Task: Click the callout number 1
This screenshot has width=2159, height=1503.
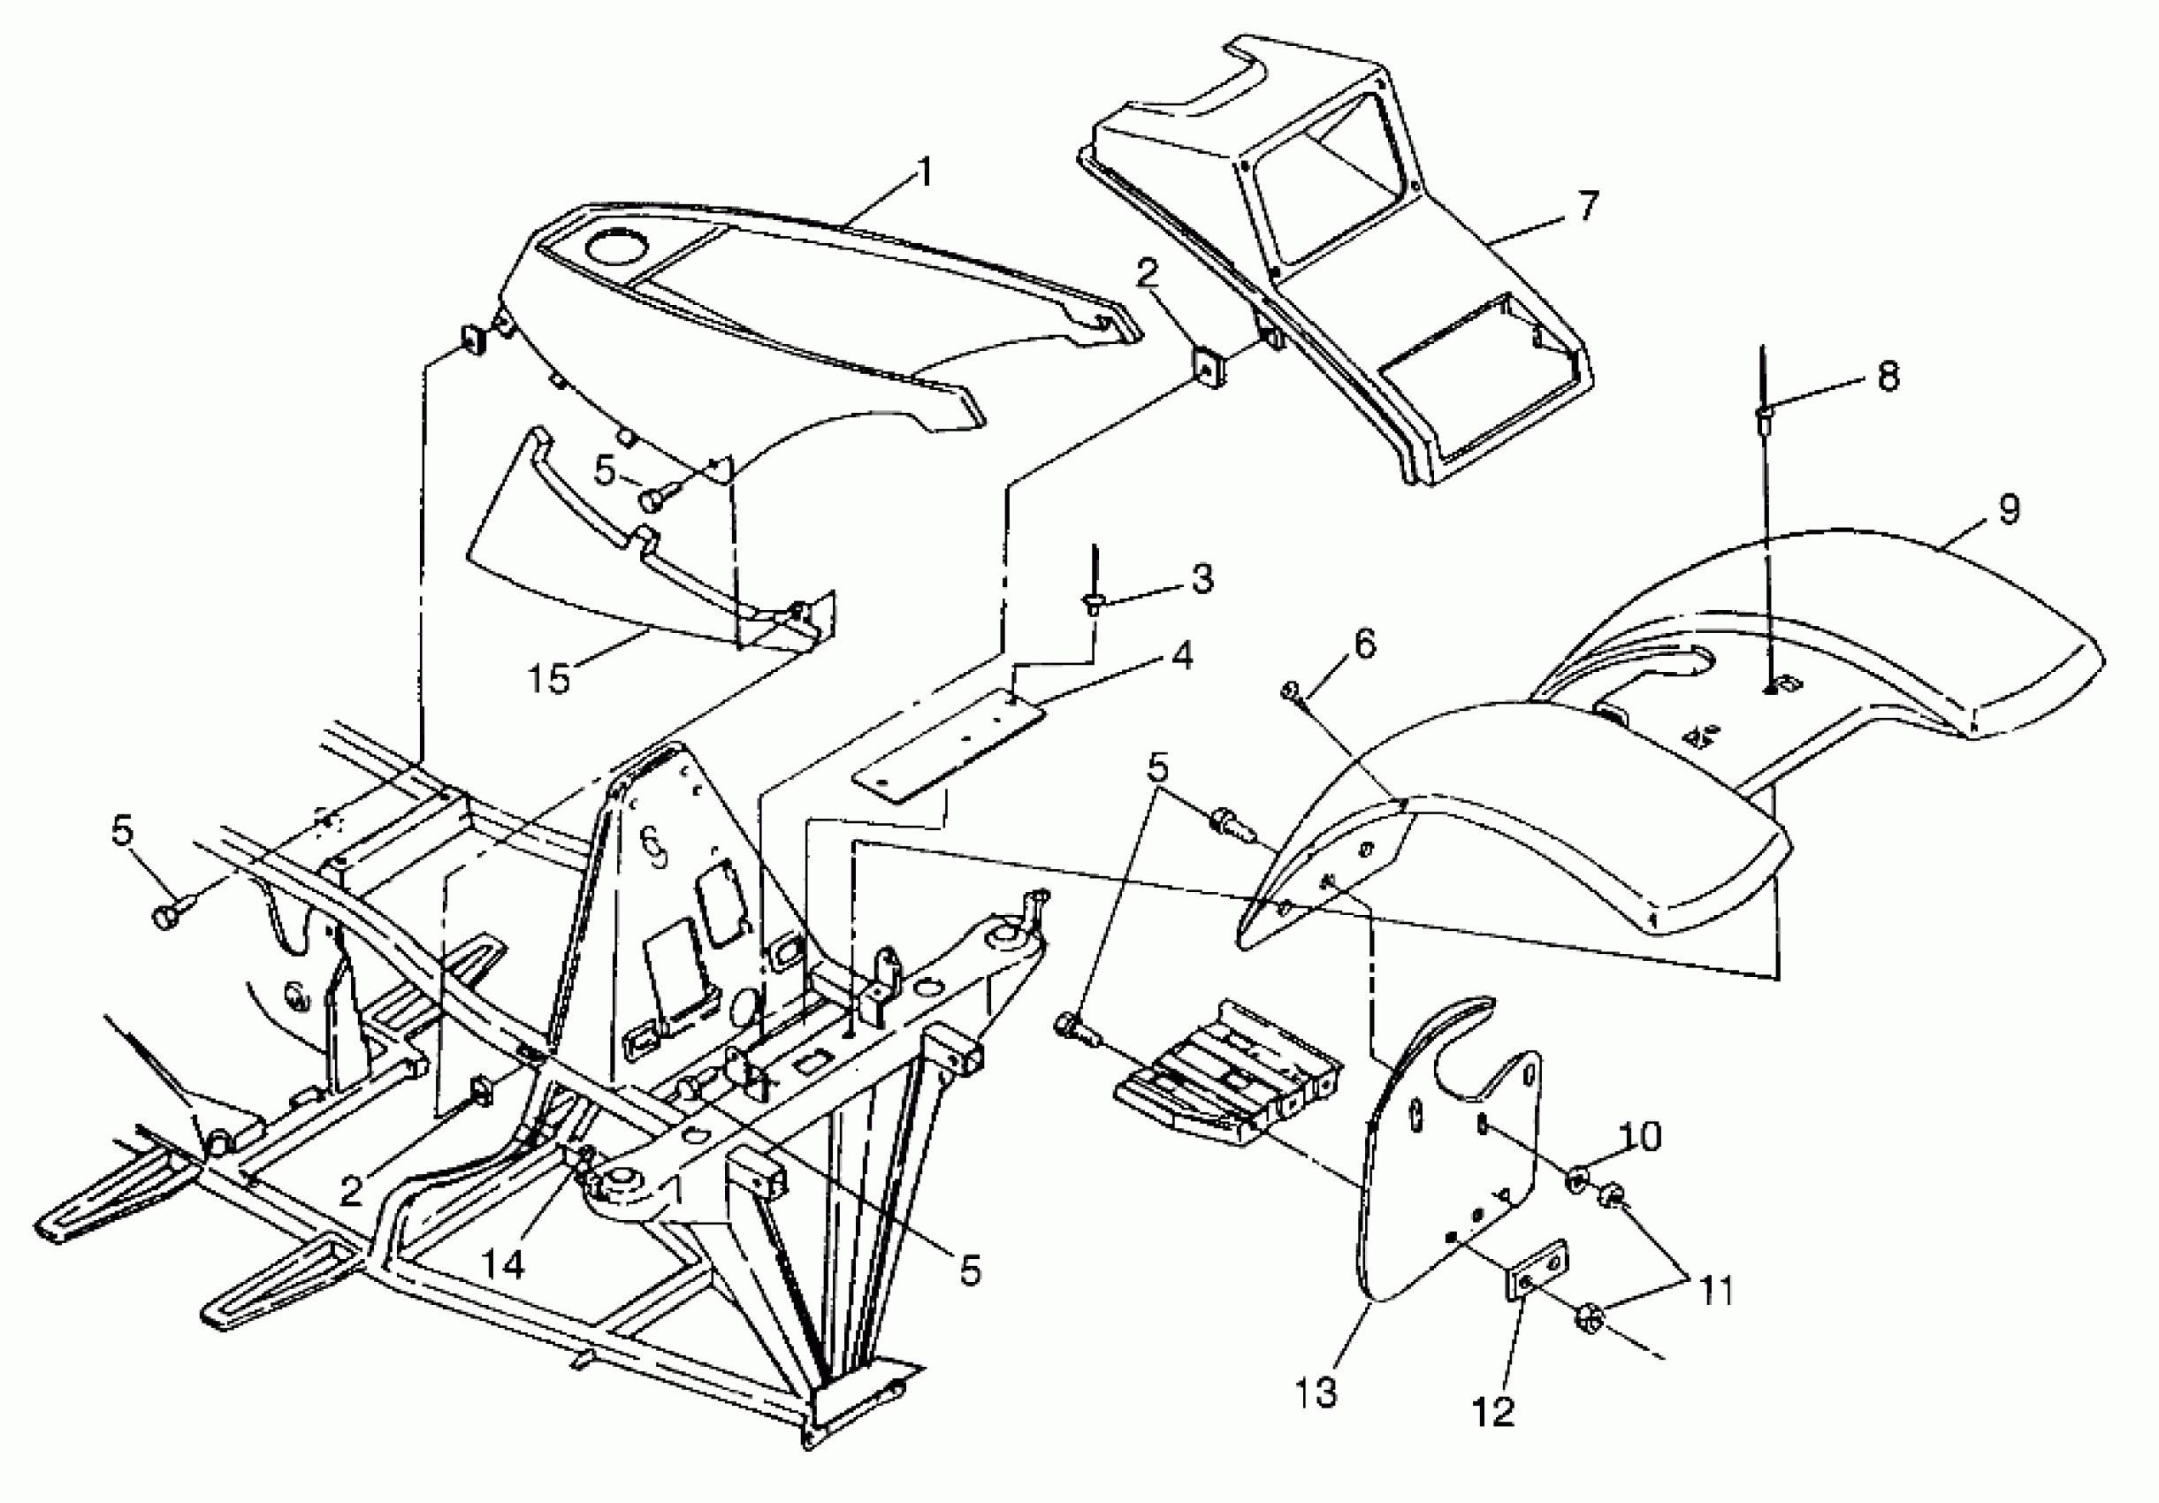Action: [926, 173]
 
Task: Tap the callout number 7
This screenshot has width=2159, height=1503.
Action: [1587, 205]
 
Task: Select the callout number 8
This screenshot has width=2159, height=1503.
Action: [1887, 377]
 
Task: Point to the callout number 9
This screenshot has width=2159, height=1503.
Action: [2009, 509]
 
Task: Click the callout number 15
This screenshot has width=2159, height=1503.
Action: [550, 677]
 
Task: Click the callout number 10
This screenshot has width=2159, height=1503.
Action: [1641, 1137]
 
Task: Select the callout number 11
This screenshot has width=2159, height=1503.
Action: [1717, 1292]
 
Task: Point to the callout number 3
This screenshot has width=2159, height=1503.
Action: [1202, 578]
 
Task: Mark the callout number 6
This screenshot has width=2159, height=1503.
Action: [1363, 645]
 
